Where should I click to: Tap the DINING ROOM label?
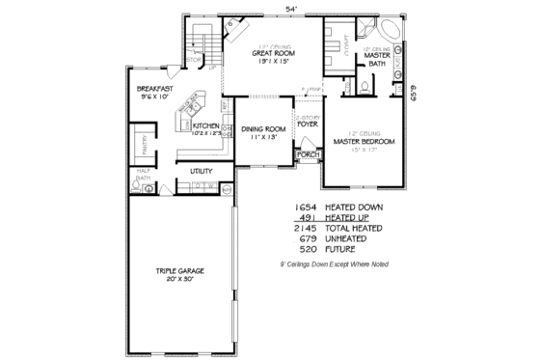263,128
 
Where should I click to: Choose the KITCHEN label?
205,125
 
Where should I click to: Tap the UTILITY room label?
201,171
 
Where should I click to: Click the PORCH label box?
309,154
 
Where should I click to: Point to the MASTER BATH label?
376,61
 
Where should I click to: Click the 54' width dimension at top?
290,9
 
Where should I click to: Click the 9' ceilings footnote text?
334,263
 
